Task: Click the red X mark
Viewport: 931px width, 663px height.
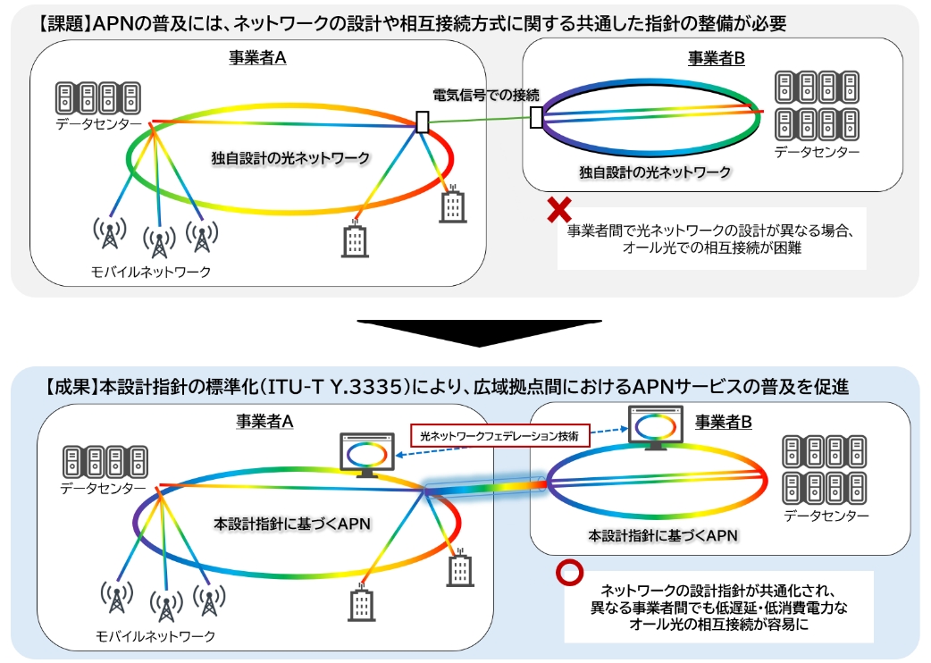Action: [559, 209]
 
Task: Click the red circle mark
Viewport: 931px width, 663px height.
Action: [569, 572]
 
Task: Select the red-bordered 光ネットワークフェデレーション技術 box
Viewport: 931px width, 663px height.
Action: [500, 436]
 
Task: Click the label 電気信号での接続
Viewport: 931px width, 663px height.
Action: [486, 95]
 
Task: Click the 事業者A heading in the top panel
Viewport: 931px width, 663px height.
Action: [257, 57]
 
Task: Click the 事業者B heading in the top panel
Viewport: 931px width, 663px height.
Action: [716, 58]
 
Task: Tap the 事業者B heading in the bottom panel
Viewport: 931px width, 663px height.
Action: [723, 422]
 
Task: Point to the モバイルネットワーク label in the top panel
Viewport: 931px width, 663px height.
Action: [151, 272]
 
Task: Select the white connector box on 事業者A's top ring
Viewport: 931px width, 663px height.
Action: [422, 122]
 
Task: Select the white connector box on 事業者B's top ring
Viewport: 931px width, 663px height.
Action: [536, 117]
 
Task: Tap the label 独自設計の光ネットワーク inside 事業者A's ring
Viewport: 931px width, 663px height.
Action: [291, 158]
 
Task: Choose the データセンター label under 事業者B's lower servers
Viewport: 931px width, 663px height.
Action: [826, 516]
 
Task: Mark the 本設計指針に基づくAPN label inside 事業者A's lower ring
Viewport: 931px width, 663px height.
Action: [292, 525]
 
